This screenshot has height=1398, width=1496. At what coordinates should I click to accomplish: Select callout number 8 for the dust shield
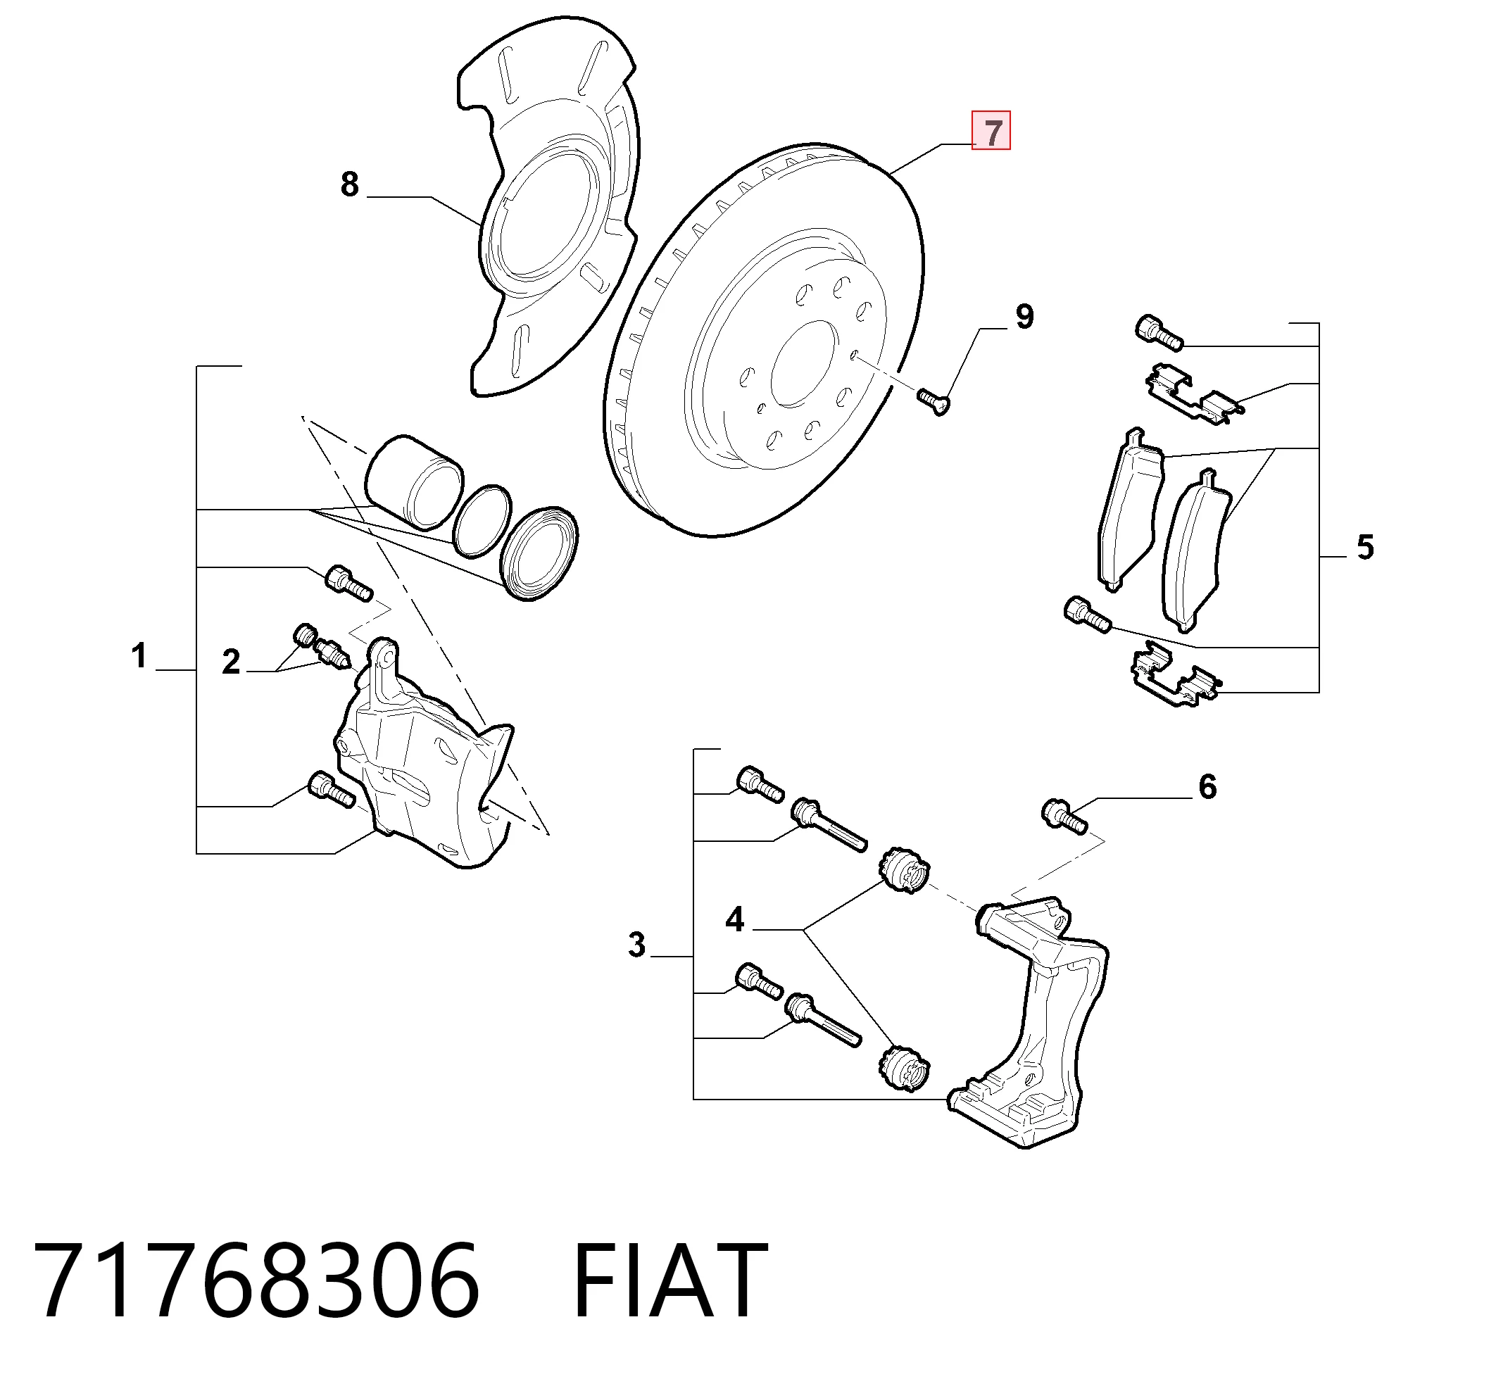pos(350,184)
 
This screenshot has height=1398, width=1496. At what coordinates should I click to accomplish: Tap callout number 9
pos(1024,317)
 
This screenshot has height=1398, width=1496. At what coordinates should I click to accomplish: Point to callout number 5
pos(1365,547)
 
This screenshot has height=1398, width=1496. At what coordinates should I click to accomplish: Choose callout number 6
pos(1207,786)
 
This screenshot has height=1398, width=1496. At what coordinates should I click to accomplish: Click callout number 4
pos(734,919)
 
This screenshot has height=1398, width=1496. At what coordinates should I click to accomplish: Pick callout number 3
pos(636,945)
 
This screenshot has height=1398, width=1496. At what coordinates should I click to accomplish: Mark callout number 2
pos(231,662)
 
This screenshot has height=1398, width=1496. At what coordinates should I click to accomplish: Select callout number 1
pos(139,655)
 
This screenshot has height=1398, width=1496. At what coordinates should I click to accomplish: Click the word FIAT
pos(670,1280)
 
